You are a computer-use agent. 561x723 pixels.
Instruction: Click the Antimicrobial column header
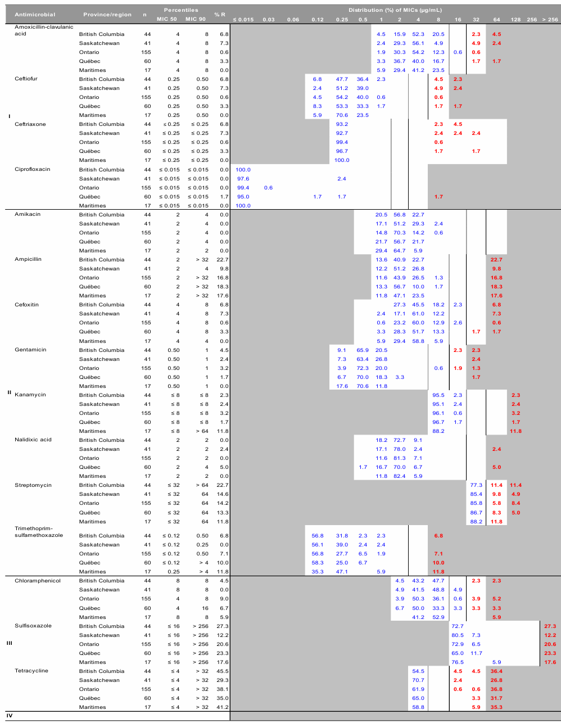click(35, 15)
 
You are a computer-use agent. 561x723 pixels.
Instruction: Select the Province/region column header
click(107, 15)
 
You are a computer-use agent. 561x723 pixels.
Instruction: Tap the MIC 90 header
click(196, 19)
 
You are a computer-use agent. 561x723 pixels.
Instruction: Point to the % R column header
click(220, 15)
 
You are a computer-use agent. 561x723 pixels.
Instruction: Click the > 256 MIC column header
click(550, 19)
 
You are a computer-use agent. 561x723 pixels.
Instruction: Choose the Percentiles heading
click(181, 10)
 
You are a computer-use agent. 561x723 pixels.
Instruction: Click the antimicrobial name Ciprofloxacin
click(32, 169)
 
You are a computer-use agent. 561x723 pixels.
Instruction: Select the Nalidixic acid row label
click(33, 440)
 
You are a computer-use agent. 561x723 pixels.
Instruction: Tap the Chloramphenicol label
click(37, 580)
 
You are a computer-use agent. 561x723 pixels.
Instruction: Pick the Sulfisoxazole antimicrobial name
click(33, 626)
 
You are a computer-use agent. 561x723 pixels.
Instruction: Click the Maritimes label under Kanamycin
click(92, 431)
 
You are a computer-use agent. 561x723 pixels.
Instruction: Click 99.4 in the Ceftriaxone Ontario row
click(342, 142)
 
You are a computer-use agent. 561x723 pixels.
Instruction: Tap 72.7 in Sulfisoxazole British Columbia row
click(458, 626)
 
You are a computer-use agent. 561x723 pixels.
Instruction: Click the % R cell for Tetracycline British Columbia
click(223, 671)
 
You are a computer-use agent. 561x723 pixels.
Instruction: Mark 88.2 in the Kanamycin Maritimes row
click(438, 431)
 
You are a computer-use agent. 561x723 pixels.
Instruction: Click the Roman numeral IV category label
click(9, 716)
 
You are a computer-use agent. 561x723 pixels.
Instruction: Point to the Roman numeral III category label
click(9, 643)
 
